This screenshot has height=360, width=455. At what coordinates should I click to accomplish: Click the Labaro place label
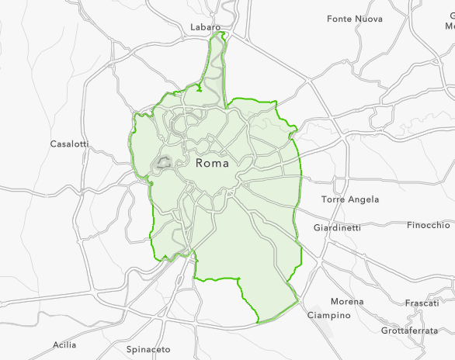pos(207,27)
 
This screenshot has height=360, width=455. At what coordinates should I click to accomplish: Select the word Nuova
pos(368,18)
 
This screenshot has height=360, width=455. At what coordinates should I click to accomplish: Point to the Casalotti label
pos(69,144)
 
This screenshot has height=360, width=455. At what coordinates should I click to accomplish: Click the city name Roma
pos(212,164)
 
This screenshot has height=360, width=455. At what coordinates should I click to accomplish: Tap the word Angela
pos(364,199)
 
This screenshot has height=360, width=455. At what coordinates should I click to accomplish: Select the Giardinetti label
pos(337,227)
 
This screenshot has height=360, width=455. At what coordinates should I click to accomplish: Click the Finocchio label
pos(428,225)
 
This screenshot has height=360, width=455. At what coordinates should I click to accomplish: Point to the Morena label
pos(346,301)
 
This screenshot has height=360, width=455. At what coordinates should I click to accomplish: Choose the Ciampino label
pos(328,315)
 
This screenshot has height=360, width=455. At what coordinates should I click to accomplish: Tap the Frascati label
pos(422,303)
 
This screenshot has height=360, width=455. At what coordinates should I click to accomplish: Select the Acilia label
pos(65,344)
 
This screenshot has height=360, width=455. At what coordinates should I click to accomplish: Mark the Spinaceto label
pos(148,350)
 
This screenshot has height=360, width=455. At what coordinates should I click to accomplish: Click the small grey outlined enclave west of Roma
pos(164,162)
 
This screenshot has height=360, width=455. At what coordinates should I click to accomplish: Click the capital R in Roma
pos(200,164)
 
